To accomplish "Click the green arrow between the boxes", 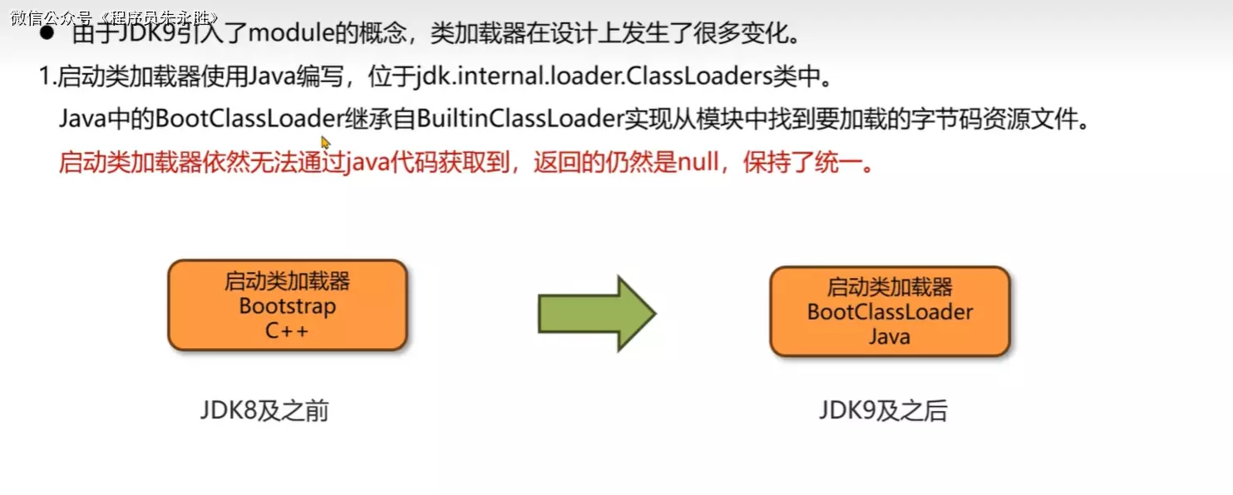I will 596,314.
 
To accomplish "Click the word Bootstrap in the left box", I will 287,306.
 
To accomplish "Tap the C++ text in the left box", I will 287,330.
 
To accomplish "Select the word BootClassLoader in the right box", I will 890,313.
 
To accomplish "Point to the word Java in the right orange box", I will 890,337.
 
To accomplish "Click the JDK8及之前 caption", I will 264,411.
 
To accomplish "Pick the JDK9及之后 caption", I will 882,411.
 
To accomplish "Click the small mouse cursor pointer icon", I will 325,142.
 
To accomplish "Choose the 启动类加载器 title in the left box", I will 287,281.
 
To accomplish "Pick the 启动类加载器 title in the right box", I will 890,288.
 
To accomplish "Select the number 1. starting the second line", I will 47,77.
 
